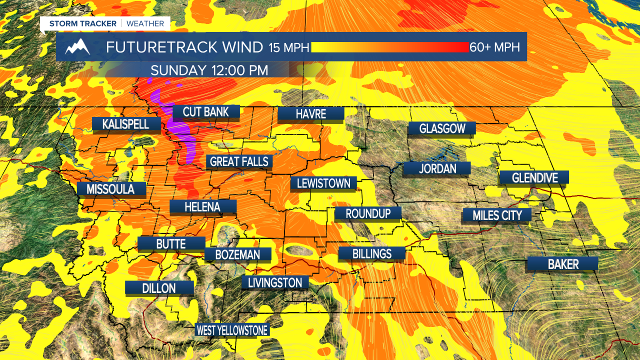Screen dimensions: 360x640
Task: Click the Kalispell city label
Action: tap(126, 124)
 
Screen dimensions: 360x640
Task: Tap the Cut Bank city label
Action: tap(205, 112)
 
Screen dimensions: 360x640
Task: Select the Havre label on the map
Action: tap(310, 114)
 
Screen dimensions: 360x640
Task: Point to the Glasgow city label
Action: tap(442, 129)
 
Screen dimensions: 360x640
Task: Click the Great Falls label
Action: tap(239, 162)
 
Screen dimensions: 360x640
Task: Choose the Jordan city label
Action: tap(437, 169)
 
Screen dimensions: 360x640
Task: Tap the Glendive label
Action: tap(534, 177)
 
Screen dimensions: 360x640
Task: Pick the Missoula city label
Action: tap(110, 189)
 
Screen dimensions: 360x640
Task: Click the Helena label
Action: tap(202, 207)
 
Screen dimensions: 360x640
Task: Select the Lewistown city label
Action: tap(323, 183)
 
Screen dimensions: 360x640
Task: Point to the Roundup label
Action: tap(368, 214)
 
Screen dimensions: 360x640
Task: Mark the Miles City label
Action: tap(497, 215)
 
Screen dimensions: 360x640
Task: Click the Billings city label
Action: tap(371, 254)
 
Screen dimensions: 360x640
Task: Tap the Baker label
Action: tap(563, 264)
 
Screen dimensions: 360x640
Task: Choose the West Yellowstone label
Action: tap(232, 330)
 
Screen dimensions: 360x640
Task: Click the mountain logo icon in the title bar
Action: tap(77, 47)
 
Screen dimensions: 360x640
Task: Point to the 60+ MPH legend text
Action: tap(494, 47)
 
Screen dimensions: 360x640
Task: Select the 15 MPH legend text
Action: tap(289, 48)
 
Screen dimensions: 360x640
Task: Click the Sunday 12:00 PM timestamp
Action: tap(209, 70)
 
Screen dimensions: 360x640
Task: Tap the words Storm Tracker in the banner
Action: tap(82, 23)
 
